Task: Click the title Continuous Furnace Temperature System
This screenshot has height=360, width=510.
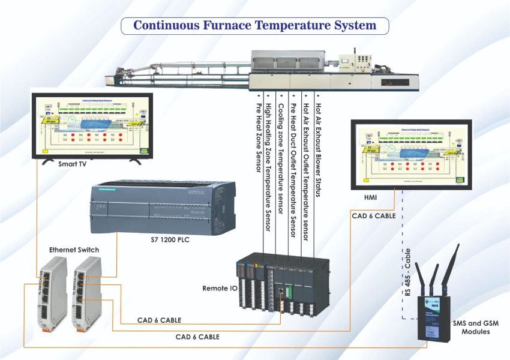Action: (255, 26)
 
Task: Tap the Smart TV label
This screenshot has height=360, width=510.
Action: (71, 163)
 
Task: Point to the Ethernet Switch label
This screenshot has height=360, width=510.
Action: (74, 249)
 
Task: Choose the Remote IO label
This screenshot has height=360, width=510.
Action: (215, 289)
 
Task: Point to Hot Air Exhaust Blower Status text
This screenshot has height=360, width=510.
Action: (318, 150)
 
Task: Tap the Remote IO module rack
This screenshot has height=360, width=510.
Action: (282, 283)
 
